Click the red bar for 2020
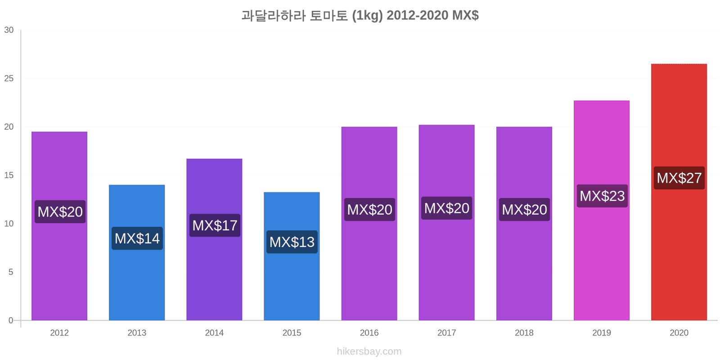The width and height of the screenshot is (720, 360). (x=679, y=192)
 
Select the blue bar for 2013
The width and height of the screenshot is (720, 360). (x=137, y=252)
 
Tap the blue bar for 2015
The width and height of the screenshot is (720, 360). (x=292, y=256)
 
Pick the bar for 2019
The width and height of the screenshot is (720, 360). (x=601, y=211)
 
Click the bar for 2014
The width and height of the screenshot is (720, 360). (x=214, y=239)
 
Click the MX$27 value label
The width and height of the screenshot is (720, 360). (x=679, y=178)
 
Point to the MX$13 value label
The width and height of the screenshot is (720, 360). (x=292, y=242)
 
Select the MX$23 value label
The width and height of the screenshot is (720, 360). (x=602, y=196)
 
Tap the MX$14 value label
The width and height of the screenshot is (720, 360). (x=137, y=238)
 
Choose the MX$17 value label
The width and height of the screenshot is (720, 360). (x=215, y=225)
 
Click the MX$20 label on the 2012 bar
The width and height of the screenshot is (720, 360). (x=60, y=211)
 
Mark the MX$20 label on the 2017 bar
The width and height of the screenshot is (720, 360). (x=447, y=208)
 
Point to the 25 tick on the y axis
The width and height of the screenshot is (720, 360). (x=9, y=78)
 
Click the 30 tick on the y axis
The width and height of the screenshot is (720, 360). (x=9, y=30)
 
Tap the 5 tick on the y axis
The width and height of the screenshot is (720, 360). (x=11, y=272)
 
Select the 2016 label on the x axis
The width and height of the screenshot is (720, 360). (x=369, y=333)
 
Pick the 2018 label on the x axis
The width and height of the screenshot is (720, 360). (x=524, y=333)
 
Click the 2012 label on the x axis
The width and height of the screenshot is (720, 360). (x=59, y=333)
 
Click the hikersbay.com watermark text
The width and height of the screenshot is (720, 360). (x=369, y=351)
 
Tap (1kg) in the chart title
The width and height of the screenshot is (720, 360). (x=367, y=15)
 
